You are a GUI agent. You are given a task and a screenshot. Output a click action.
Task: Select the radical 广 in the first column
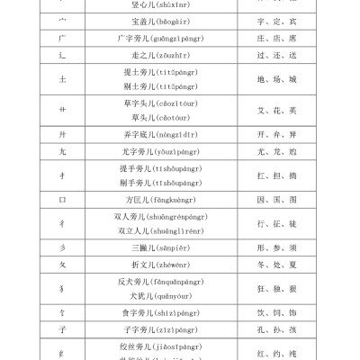61,38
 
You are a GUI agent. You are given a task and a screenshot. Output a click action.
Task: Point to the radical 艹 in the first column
61,112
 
